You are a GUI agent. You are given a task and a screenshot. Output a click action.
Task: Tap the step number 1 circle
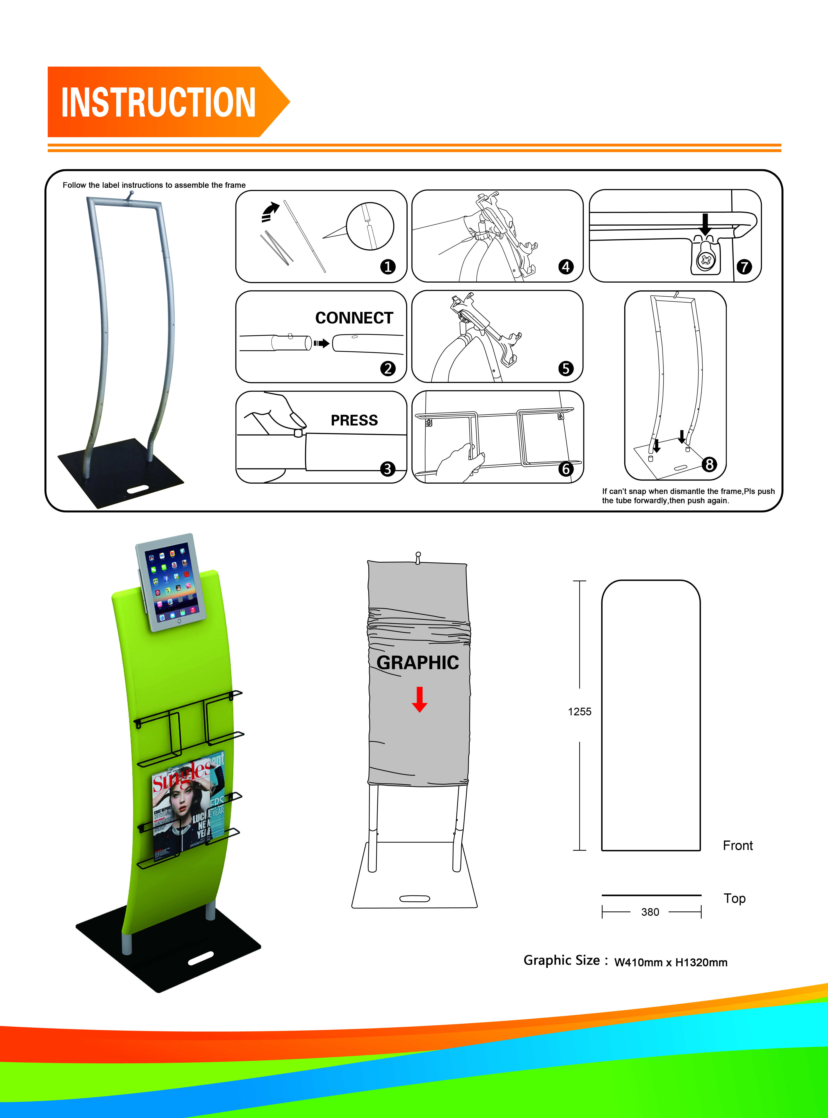point(387,267)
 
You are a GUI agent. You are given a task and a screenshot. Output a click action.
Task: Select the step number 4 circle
point(566,267)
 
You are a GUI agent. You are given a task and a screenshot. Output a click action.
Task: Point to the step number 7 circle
point(744,267)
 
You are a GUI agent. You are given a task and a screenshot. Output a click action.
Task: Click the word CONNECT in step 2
point(354,318)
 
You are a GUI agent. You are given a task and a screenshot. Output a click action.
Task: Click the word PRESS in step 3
point(354,420)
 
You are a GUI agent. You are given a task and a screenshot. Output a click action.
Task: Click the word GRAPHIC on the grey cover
point(417,662)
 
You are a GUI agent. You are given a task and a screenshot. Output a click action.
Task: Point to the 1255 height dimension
point(579,712)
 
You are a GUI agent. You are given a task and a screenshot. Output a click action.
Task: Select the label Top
point(734,898)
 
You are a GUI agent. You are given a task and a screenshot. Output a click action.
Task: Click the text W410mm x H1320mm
point(671,962)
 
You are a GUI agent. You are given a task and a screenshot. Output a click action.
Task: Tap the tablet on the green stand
point(171,582)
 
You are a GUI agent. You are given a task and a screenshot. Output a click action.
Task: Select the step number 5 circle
point(566,368)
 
